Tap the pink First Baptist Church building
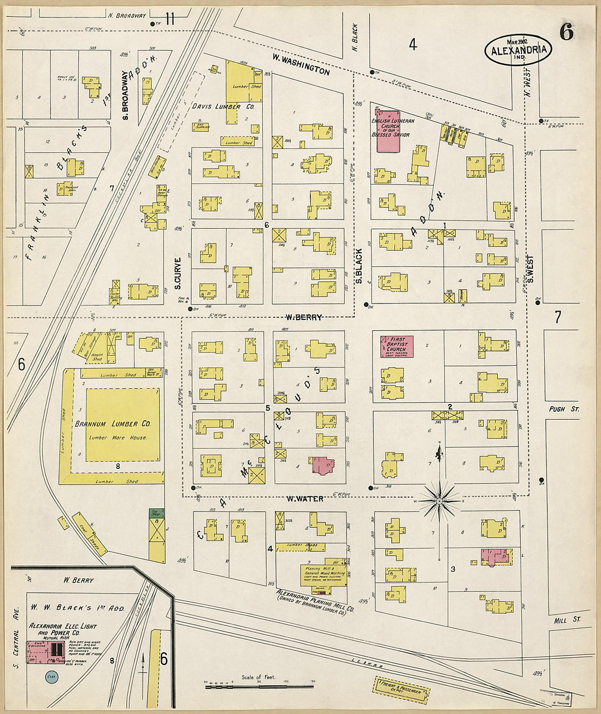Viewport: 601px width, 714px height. coord(396,346)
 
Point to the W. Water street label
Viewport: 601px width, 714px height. coord(305,498)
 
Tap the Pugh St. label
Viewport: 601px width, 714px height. coord(564,409)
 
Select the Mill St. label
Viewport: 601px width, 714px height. coord(566,620)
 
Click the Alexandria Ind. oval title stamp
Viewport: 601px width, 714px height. coord(518,50)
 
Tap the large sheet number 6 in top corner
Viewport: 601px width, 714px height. coord(566,33)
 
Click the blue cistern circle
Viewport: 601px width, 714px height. coord(51,676)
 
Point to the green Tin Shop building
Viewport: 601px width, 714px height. coord(156,513)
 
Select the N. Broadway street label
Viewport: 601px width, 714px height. coord(127,16)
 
